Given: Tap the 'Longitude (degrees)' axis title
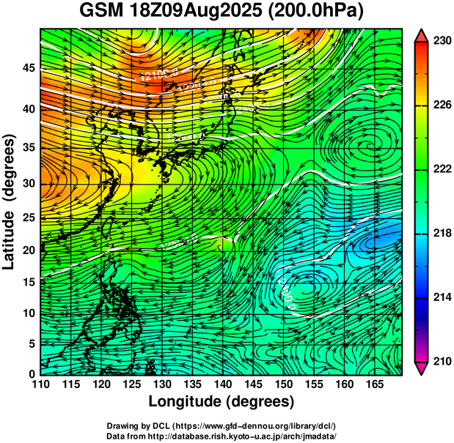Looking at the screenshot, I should click(x=221, y=401).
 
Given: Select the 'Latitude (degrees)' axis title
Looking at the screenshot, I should click(x=10, y=201).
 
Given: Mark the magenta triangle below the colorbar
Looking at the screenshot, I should click(x=422, y=368).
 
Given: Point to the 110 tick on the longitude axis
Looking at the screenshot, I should click(x=40, y=384).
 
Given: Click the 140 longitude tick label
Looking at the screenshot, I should click(x=222, y=384).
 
